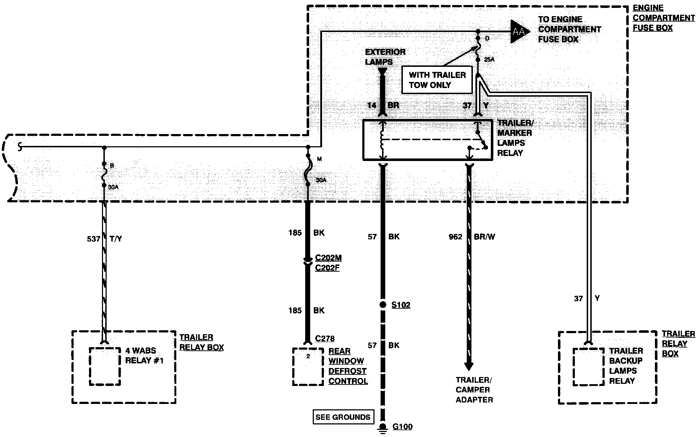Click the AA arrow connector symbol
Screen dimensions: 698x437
[x=519, y=32]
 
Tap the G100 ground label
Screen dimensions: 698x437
[x=402, y=427]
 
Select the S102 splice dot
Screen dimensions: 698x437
[x=383, y=305]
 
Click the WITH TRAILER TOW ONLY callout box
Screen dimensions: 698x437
[x=437, y=80]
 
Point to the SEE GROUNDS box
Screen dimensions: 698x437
[x=343, y=417]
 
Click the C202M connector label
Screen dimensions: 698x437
[x=329, y=258]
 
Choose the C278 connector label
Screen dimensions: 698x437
[x=325, y=339]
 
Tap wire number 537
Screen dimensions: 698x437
[x=93, y=239]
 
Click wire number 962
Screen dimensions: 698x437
[x=456, y=237]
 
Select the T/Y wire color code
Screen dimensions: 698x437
[x=115, y=239]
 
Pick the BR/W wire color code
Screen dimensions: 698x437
[x=484, y=237]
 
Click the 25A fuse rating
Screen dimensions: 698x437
[x=489, y=59]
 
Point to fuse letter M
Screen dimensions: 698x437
[x=319, y=159]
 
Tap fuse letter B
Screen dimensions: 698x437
[x=112, y=166]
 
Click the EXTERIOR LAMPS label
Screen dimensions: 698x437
[x=385, y=57]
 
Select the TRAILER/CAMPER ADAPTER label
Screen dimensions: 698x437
[x=474, y=390]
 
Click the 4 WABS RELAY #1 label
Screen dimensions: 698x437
[x=144, y=355]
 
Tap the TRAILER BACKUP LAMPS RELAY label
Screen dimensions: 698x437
[x=626, y=365]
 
